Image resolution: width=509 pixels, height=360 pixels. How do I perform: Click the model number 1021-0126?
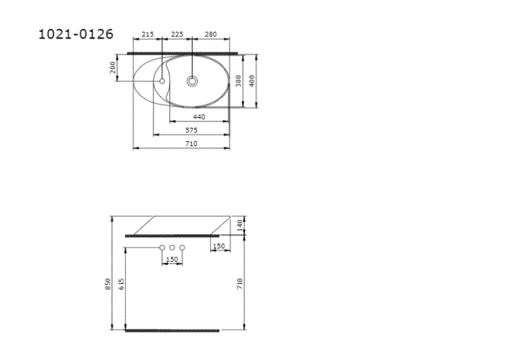point(76,34)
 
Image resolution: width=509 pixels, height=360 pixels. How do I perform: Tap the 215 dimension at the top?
point(148,34)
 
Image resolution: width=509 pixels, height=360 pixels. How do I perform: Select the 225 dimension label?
point(177,34)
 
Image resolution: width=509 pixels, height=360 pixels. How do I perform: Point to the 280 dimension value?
point(211,34)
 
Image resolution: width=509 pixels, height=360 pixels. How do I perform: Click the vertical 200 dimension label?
point(113,68)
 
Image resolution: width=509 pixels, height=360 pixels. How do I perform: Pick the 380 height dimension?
point(239,81)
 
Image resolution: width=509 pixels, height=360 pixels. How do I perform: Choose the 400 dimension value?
point(252,81)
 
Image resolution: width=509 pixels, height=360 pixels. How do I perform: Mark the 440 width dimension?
point(199,117)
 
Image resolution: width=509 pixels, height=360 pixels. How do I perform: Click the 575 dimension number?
point(191,130)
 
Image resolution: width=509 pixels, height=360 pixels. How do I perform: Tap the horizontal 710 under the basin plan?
point(191,144)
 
